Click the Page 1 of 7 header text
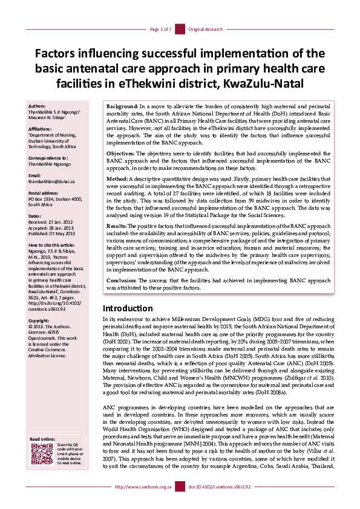(160, 28)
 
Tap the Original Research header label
(206, 28)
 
